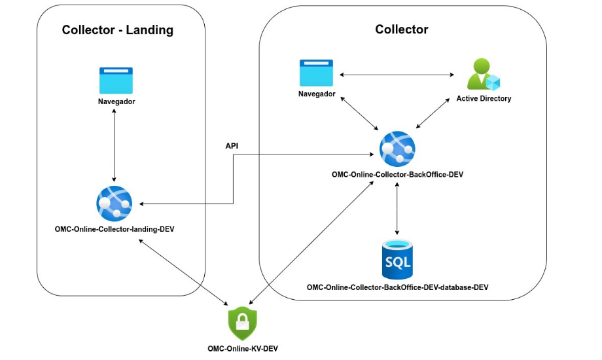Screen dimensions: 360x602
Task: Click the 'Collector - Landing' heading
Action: [x=117, y=29]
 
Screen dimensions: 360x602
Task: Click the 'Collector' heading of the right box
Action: [x=402, y=29]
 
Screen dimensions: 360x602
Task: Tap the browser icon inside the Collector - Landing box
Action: [x=116, y=80]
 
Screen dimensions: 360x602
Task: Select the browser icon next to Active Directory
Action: [x=316, y=73]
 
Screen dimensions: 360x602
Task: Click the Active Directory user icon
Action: [x=483, y=75]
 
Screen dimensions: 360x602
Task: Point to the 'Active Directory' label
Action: [x=484, y=99]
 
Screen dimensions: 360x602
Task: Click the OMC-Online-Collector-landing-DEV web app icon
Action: [x=115, y=203]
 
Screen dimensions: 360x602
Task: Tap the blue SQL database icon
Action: [x=397, y=259]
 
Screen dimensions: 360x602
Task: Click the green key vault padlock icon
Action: [x=242, y=322]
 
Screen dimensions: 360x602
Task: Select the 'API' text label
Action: [x=232, y=146]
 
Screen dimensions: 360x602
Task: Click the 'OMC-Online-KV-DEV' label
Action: [x=242, y=348]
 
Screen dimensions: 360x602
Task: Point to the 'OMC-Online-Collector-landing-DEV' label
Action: [x=115, y=229]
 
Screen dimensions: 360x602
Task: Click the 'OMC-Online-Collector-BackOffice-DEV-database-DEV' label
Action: [x=397, y=287]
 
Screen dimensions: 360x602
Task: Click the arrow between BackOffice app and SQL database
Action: [x=397, y=209]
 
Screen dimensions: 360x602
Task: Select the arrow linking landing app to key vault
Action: [x=183, y=272]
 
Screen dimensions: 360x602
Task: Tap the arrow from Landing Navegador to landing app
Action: [x=115, y=144]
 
